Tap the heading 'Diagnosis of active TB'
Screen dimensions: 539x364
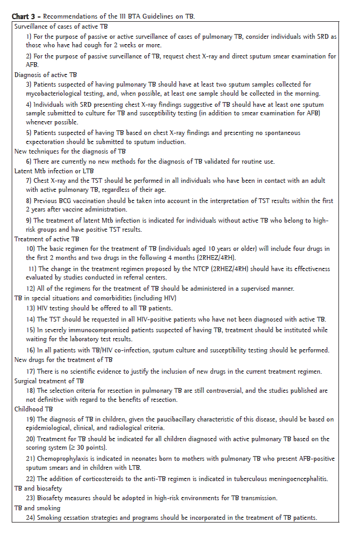[x=46, y=75]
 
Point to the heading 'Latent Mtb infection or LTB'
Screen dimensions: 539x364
[x=54, y=171]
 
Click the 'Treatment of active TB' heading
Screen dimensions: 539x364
[x=46, y=239]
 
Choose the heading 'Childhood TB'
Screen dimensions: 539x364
[x=34, y=409]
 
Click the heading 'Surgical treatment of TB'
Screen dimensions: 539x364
[x=49, y=381]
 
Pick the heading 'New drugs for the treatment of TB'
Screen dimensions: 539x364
[x=63, y=360]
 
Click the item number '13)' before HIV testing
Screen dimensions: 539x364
[x=31, y=308]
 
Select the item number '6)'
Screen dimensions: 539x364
[x=29, y=161]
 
